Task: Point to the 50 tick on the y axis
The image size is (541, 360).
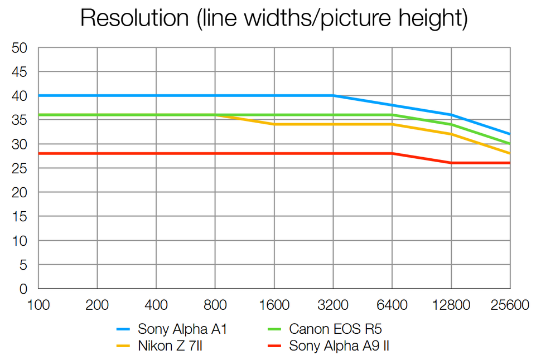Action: (x=20, y=48)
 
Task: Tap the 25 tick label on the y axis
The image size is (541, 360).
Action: (x=20, y=168)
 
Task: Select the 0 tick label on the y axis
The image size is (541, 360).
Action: (x=23, y=289)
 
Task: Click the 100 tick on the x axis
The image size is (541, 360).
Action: (x=38, y=305)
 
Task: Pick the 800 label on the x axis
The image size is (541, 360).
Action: (x=215, y=305)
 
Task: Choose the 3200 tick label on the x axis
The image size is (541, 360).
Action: (x=333, y=305)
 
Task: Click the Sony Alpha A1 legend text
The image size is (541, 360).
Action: (x=182, y=329)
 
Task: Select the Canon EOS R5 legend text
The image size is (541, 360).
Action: (x=335, y=329)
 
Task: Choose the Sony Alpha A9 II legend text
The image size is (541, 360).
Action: (x=339, y=346)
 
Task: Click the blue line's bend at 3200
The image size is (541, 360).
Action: (x=333, y=96)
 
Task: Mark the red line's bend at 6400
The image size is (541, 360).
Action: (x=392, y=153)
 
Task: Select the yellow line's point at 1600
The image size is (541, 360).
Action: (x=274, y=124)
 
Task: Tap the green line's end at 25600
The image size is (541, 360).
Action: (x=510, y=144)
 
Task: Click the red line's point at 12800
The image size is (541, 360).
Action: (x=451, y=163)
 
